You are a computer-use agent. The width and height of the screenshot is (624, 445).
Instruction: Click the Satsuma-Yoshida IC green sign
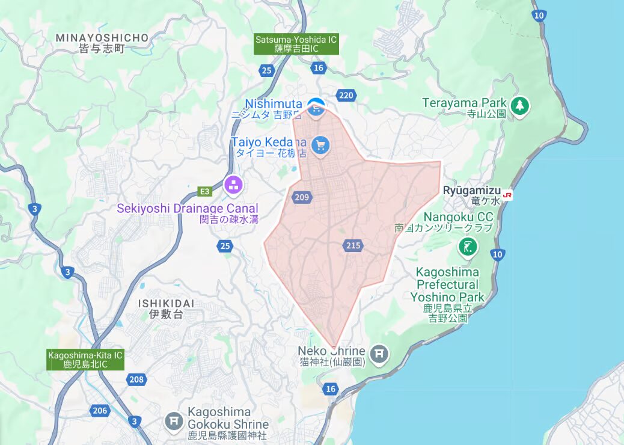[296, 44]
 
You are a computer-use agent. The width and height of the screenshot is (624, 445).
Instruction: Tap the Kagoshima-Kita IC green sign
[85, 360]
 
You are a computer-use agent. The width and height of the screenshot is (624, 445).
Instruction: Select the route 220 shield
[346, 95]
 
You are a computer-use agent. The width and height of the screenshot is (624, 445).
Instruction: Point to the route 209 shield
[302, 197]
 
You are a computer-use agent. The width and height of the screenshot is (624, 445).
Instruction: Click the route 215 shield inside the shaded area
[353, 245]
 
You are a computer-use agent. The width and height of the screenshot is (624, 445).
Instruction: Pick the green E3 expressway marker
[206, 191]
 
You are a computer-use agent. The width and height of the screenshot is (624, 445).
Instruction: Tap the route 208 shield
[136, 379]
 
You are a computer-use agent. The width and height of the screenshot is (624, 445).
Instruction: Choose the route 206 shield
[100, 411]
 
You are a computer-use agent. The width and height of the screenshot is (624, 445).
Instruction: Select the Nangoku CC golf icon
[467, 246]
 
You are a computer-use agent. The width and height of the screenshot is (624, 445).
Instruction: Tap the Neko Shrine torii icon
[379, 354]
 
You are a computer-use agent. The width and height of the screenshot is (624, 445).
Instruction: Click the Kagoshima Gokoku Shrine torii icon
[174, 420]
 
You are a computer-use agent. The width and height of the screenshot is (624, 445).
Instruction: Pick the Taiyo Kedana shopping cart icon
[321, 145]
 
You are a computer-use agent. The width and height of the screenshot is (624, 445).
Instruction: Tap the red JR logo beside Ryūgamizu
[508, 195]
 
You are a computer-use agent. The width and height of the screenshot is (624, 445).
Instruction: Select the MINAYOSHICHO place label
[102, 38]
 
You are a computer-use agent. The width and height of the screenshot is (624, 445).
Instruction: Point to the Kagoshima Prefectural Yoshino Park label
[447, 284]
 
